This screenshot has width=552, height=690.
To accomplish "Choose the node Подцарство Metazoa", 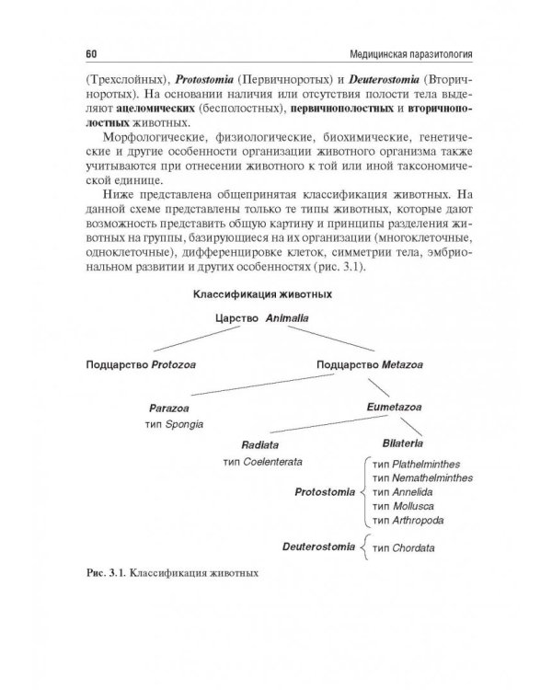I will pos(362,364).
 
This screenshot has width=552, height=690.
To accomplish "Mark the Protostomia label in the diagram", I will pos(325,492).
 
